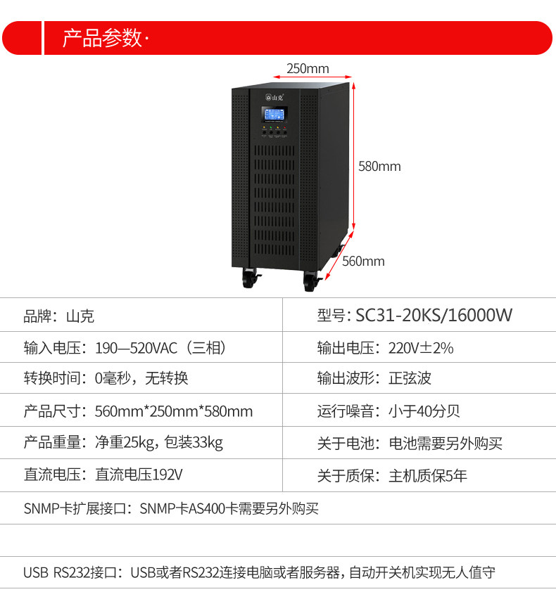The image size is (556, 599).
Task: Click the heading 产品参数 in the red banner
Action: pos(102,38)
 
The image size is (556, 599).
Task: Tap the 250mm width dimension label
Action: pos(308,68)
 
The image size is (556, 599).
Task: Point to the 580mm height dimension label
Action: pos(379,167)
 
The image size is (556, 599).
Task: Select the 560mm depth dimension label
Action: pos(363,262)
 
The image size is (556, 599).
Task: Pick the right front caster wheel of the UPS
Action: pos(310,281)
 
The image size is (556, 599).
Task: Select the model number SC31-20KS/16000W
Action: pos(434,315)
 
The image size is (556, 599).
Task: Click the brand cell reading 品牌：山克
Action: pos(59,316)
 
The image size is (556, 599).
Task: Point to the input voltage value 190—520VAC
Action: pos(160,348)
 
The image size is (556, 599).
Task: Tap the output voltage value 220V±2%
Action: pos(421,348)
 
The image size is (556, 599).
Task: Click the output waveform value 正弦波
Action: pos(410,379)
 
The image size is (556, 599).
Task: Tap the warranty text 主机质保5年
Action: pos(428,476)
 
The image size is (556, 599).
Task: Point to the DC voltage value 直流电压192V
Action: pos(139,475)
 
